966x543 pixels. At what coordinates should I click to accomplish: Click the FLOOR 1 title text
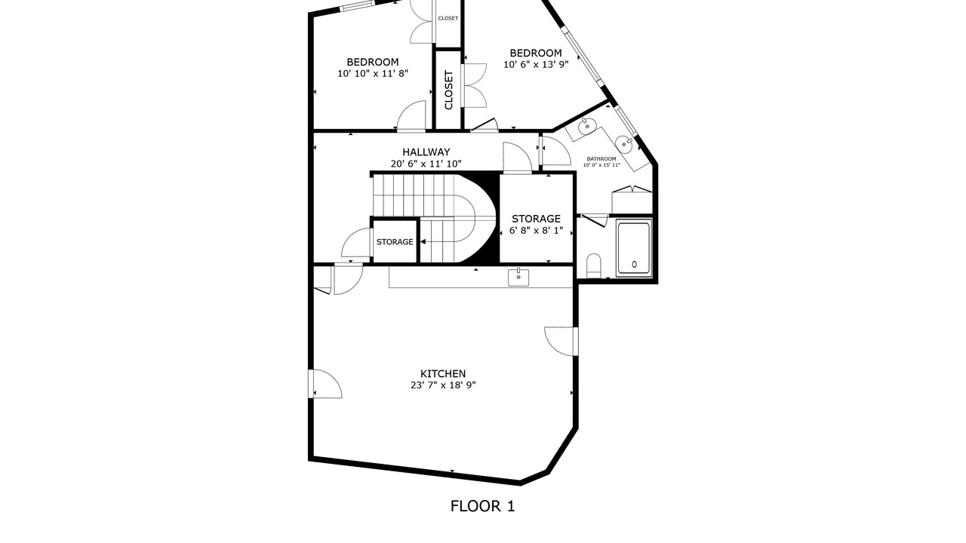[x=482, y=506]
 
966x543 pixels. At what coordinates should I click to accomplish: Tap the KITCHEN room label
[x=443, y=373]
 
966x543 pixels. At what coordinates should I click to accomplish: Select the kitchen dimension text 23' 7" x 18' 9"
[x=443, y=385]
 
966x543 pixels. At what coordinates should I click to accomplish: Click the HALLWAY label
[x=426, y=152]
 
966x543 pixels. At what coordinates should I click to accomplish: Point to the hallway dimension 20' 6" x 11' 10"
[x=426, y=164]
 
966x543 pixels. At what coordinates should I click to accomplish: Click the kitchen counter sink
[x=518, y=277]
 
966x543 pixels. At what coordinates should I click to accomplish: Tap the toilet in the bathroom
[x=594, y=265]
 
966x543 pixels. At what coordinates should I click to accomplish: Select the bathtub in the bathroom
[x=634, y=249]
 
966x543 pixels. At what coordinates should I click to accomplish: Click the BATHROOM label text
[x=601, y=159]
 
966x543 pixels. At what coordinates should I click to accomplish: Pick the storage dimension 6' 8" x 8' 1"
[x=536, y=231]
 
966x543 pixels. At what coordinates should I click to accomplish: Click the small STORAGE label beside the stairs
[x=395, y=242]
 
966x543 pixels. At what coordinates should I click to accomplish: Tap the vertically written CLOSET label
[x=448, y=90]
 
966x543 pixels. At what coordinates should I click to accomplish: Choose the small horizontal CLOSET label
[x=448, y=19]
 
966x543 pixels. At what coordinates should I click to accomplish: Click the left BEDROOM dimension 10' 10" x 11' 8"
[x=373, y=74]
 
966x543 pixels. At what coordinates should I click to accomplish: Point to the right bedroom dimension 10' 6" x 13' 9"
[x=536, y=65]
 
